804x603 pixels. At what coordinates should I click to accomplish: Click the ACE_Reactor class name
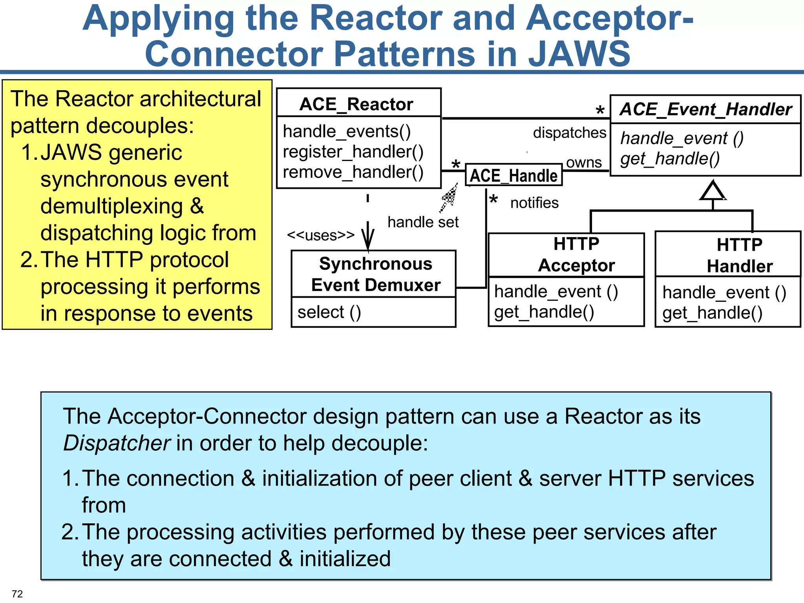pos(356,104)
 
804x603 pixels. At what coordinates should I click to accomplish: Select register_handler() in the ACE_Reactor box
pos(353,152)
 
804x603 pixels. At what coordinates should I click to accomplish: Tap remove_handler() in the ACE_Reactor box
pos(353,172)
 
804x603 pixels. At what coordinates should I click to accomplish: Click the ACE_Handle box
pos(513,175)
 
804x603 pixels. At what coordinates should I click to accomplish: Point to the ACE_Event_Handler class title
pos(705,109)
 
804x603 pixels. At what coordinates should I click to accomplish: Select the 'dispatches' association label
pos(569,133)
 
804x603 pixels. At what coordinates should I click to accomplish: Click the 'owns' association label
pos(584,163)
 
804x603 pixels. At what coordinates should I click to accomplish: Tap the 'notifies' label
pos(534,203)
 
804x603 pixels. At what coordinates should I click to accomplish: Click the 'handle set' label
pos(423,222)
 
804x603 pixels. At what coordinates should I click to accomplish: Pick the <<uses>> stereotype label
pos(320,235)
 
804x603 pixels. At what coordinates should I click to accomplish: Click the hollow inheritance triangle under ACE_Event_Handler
pos(713,192)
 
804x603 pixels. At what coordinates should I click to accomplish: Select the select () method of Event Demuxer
pos(329,312)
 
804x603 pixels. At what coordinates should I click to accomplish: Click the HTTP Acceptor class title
pos(576,254)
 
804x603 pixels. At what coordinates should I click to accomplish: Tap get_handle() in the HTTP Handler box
pos(712,313)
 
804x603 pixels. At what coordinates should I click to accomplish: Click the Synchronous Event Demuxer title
pos(375,274)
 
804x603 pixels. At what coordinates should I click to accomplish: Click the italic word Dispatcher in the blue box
pos(117,443)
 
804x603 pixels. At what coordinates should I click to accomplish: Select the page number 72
pos(17,594)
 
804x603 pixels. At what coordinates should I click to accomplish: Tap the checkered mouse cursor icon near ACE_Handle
pos(450,196)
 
